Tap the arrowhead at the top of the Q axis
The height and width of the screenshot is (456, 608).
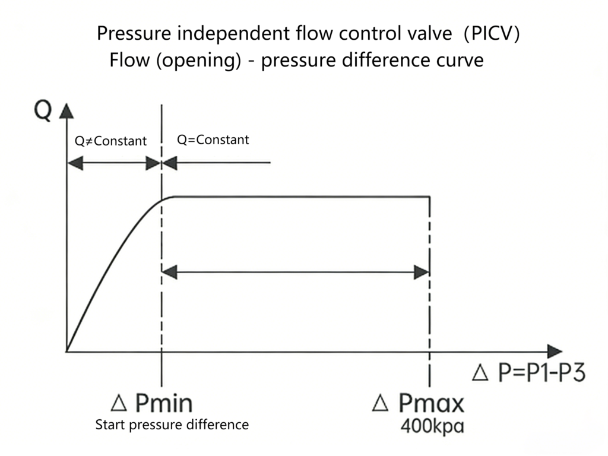click(66, 111)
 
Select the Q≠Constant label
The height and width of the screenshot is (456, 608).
click(110, 141)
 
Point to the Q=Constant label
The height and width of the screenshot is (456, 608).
click(213, 140)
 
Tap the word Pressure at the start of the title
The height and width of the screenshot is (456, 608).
click(134, 34)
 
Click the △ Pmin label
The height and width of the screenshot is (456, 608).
click(152, 404)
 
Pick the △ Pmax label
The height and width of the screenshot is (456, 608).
click(419, 404)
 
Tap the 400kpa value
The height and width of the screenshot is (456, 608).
click(432, 426)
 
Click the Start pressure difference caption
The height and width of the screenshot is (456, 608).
click(172, 425)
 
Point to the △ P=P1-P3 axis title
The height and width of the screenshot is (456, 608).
click(528, 373)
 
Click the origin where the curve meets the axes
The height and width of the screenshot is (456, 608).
click(67, 351)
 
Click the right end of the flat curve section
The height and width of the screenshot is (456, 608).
click(429, 197)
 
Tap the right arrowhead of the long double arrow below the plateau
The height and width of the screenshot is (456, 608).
click(422, 273)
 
